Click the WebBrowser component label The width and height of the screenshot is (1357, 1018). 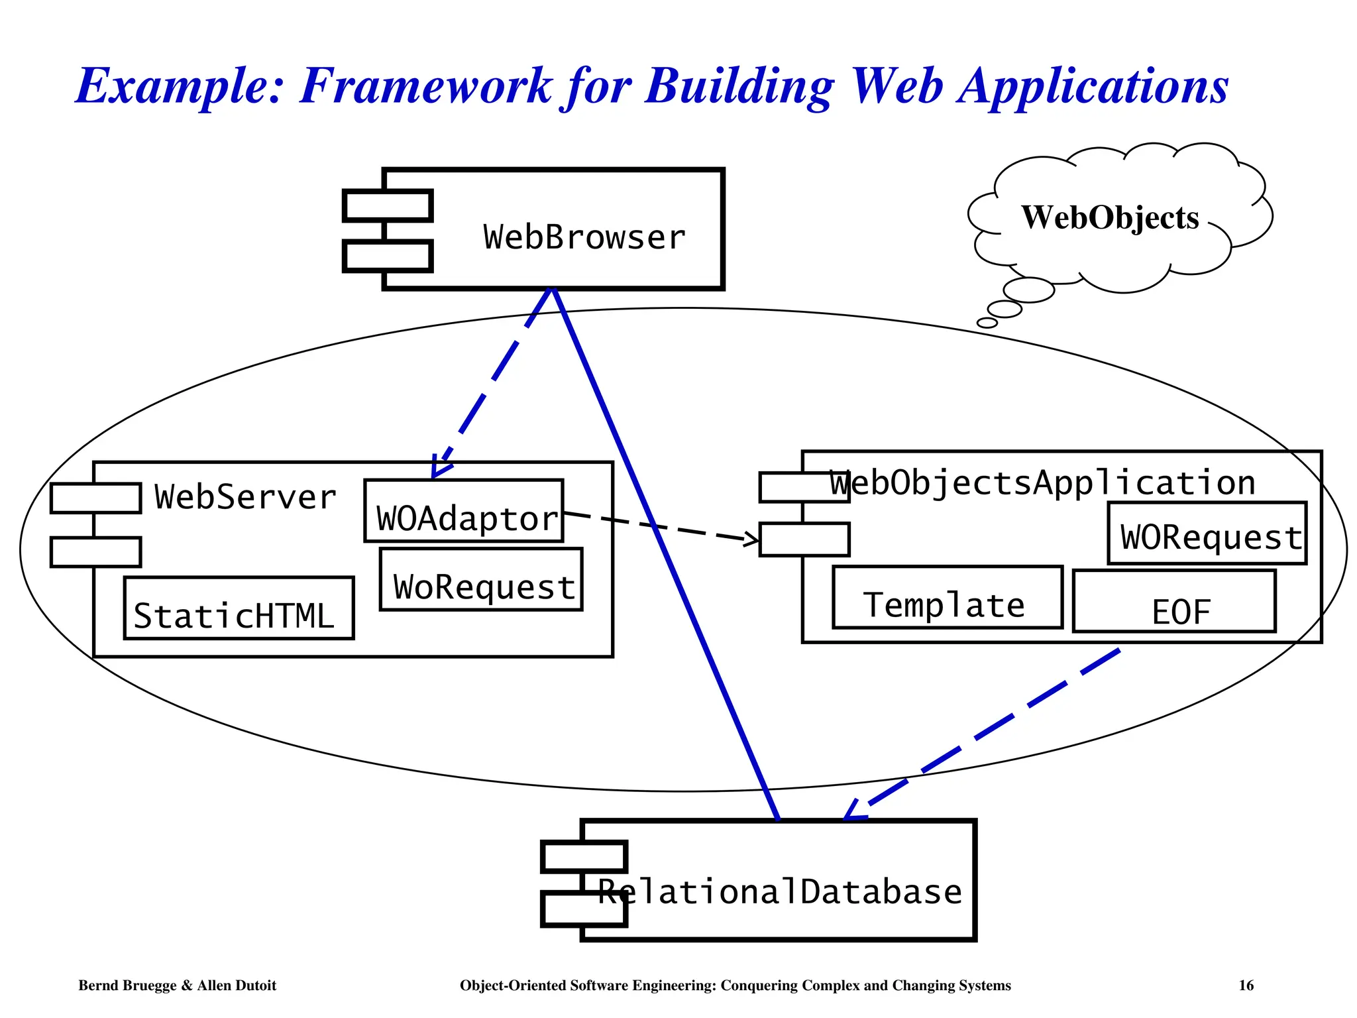pyautogui.click(x=584, y=237)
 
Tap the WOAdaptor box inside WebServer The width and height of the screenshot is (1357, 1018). pyautogui.click(x=464, y=512)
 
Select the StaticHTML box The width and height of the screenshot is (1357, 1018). pyautogui.click(x=239, y=608)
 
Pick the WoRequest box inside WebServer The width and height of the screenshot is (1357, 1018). pyautogui.click(x=481, y=580)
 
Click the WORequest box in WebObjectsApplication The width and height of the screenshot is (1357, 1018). pyautogui.click(x=1207, y=534)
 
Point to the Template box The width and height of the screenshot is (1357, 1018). pyautogui.click(x=947, y=598)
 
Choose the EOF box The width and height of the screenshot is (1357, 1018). pyautogui.click(x=1174, y=602)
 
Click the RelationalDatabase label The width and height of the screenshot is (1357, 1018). pyautogui.click(x=779, y=891)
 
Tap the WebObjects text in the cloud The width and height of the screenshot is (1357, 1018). pyautogui.click(x=1110, y=217)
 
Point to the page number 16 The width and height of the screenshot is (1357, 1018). pyautogui.click(x=1246, y=986)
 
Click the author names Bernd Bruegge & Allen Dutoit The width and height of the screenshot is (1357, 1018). pyautogui.click(x=177, y=986)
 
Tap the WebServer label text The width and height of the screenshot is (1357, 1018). pyautogui.click(x=245, y=497)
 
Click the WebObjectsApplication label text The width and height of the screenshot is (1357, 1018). pyautogui.click(x=1043, y=482)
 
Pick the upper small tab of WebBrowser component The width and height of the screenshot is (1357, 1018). pyautogui.click(x=388, y=205)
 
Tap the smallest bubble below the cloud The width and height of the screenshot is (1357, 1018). pyautogui.click(x=987, y=323)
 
